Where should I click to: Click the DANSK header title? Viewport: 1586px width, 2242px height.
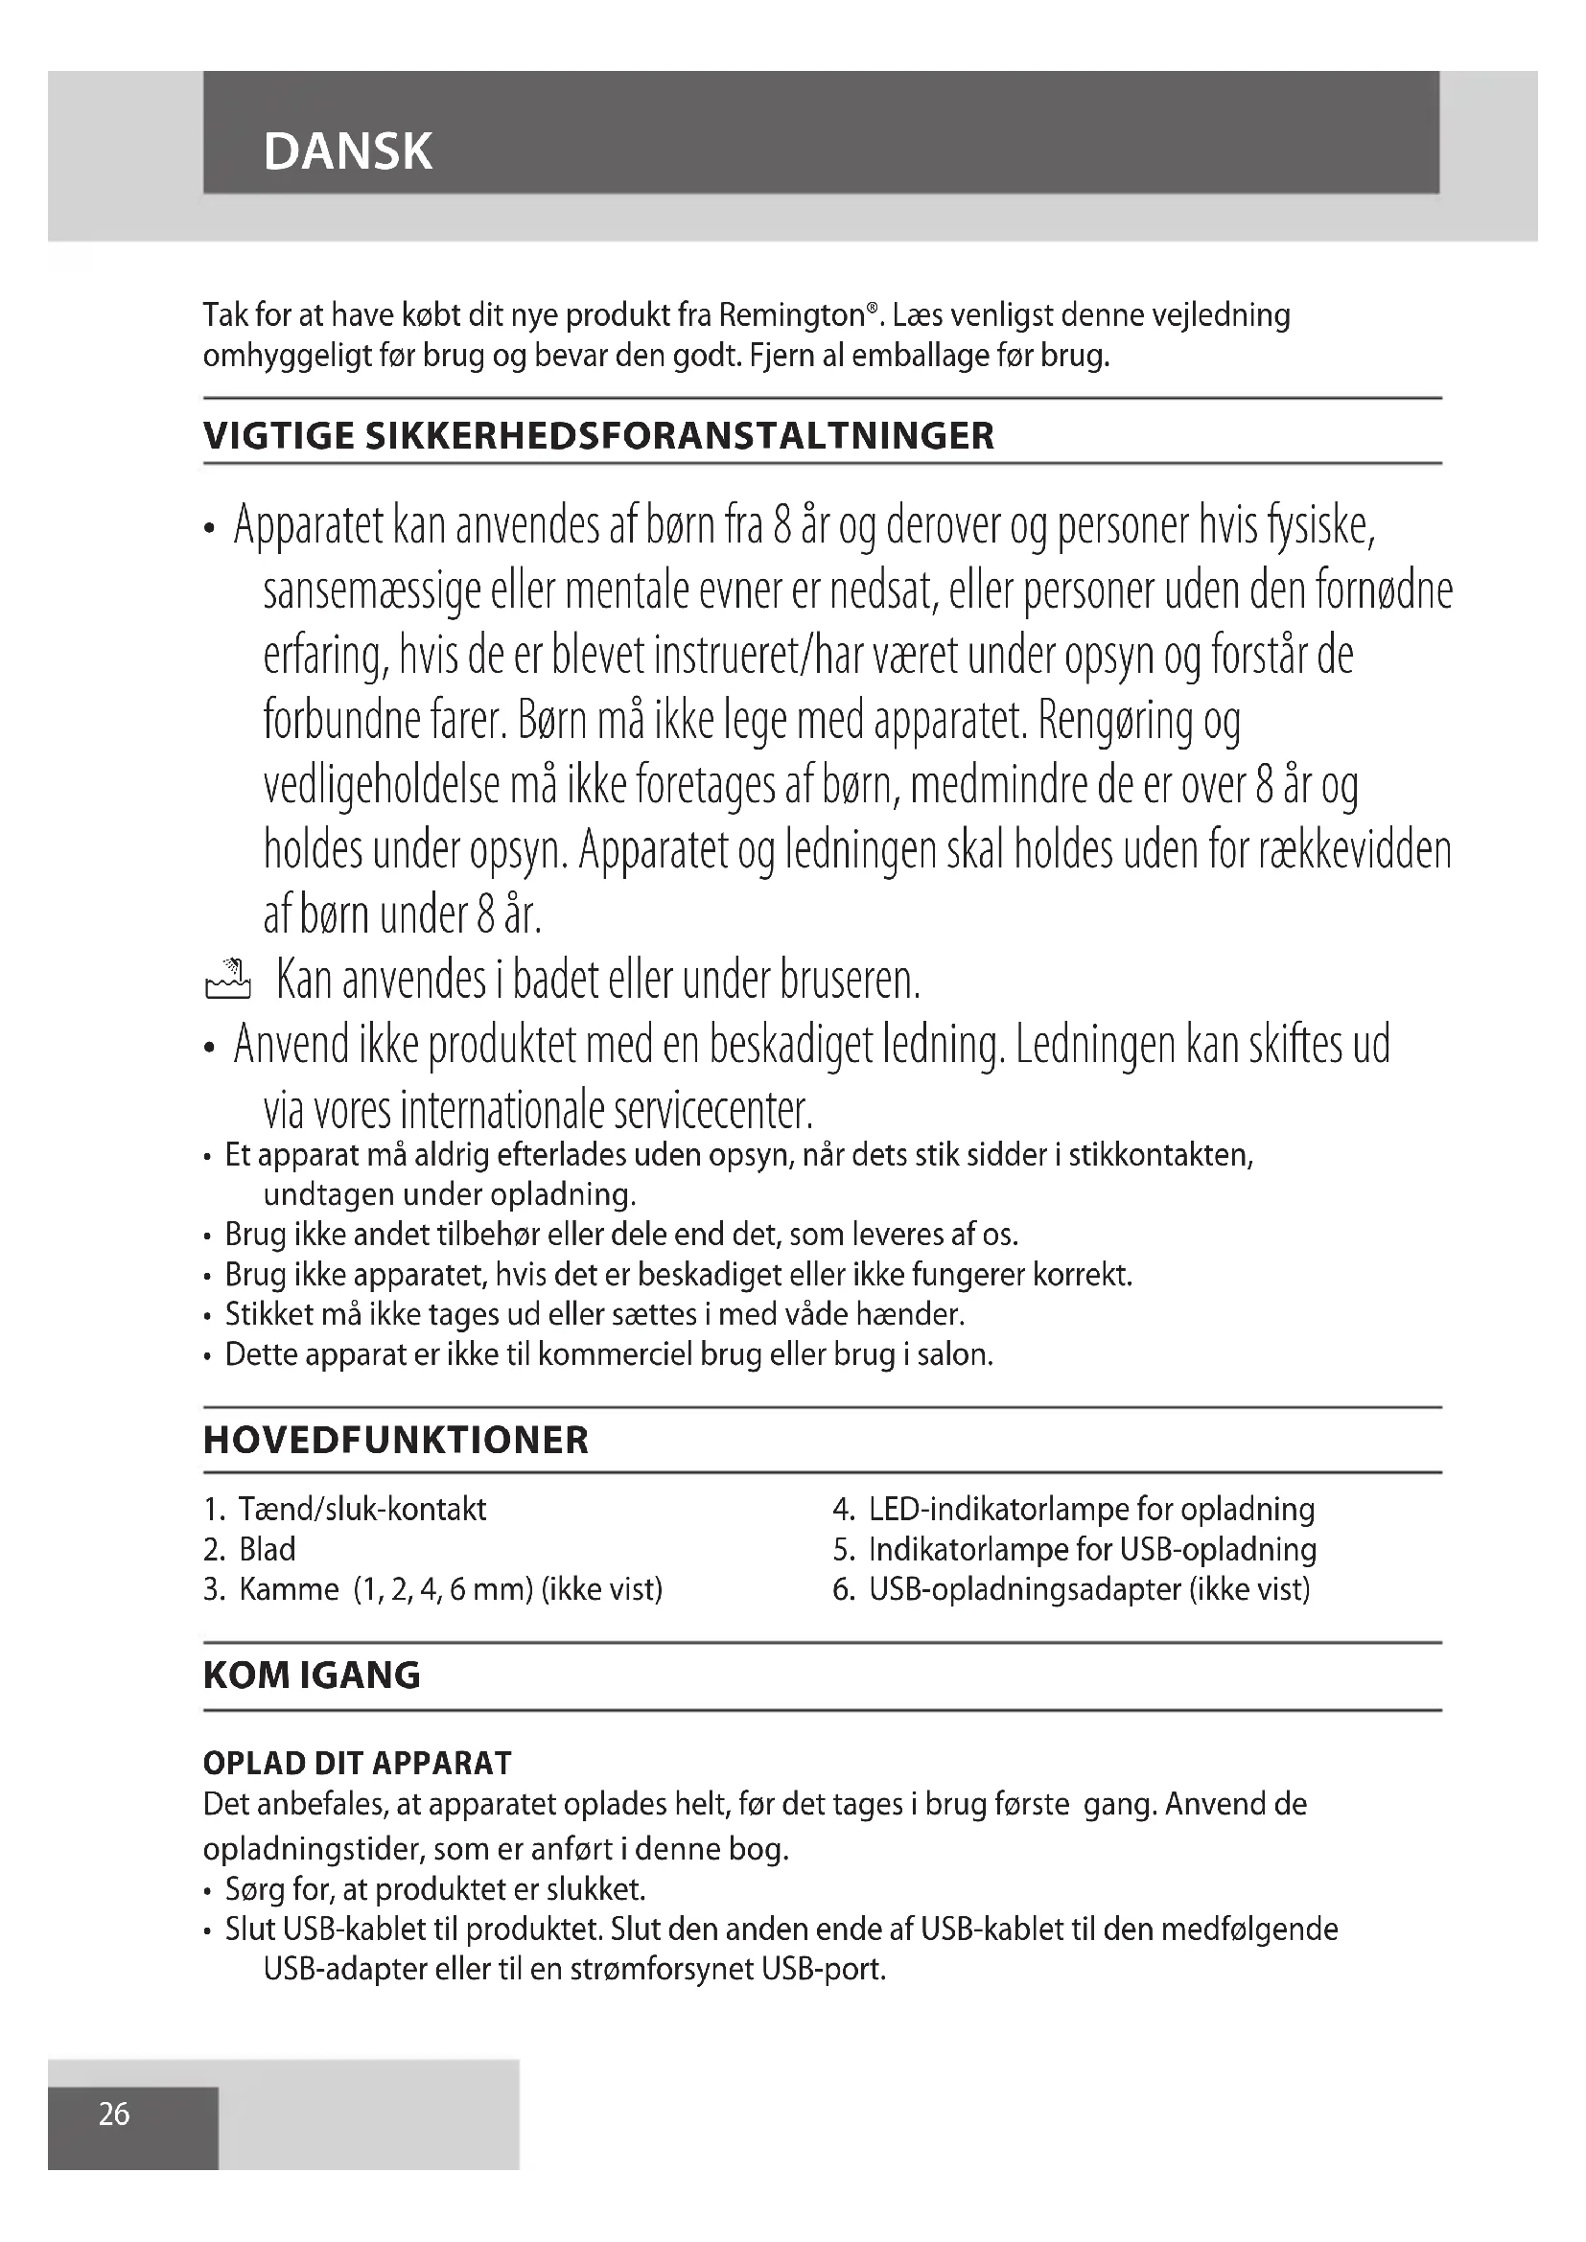tap(347, 152)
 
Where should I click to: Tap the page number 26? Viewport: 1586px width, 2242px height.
tap(114, 2114)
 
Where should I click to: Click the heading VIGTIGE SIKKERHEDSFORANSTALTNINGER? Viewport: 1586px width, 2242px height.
tap(598, 435)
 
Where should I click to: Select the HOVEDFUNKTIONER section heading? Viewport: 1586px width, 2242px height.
tap(395, 1441)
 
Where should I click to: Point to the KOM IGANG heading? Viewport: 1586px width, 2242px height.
tap(312, 1676)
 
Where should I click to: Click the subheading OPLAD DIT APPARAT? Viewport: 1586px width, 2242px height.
tap(357, 1763)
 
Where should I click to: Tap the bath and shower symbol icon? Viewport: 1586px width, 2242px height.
tap(227, 980)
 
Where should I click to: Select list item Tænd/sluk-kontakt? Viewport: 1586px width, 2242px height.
tap(362, 1510)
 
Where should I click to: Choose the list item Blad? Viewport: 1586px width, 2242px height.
tap(267, 1550)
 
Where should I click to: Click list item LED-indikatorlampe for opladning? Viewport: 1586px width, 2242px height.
tap(1091, 1510)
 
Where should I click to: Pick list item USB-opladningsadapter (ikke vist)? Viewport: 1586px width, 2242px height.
tap(1089, 1589)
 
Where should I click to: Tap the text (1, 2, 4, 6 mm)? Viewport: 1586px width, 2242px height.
tap(442, 1589)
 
